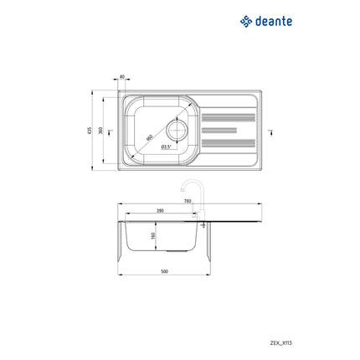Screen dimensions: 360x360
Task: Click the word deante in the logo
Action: tap(274, 21)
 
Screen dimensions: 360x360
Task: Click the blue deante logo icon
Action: tap(246, 21)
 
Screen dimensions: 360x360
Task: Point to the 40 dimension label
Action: tap(122, 77)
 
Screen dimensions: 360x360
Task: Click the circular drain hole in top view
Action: tap(179, 130)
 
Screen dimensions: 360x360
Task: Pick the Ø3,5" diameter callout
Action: tap(166, 147)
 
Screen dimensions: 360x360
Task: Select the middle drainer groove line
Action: tap(227, 131)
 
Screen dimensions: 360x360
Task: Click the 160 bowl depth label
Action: tap(153, 236)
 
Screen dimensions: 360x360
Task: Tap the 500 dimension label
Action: tap(165, 272)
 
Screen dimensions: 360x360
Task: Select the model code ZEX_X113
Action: tap(329, 342)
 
